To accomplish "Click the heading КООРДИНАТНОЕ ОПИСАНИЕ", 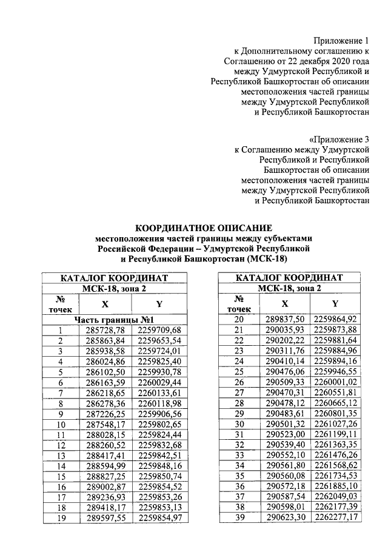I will [x=204, y=227].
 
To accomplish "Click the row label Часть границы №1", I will [x=116, y=319].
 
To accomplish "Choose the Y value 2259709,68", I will [x=159, y=330].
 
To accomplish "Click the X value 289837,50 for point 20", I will [x=284, y=319].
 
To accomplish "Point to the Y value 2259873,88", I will [x=335, y=330].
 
